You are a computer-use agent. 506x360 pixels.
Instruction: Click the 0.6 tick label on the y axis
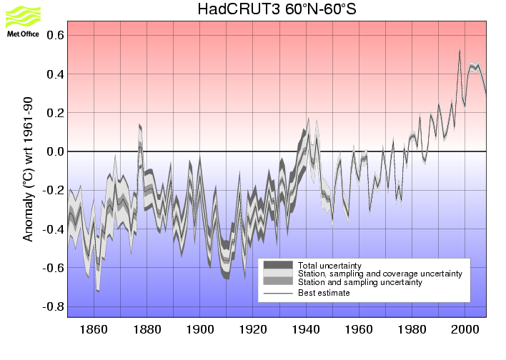56,35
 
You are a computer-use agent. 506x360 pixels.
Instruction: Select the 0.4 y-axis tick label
56,74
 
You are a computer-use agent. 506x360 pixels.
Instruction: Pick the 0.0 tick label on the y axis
56,151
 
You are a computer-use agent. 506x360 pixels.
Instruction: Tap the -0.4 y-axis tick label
55,229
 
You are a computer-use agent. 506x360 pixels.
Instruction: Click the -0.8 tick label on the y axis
55,306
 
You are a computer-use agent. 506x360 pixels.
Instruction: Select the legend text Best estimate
324,292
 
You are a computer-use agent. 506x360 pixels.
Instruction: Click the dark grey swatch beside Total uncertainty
278,265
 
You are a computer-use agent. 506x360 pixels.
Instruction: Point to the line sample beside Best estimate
278,292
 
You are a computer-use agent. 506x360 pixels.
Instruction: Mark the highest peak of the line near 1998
460,49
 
